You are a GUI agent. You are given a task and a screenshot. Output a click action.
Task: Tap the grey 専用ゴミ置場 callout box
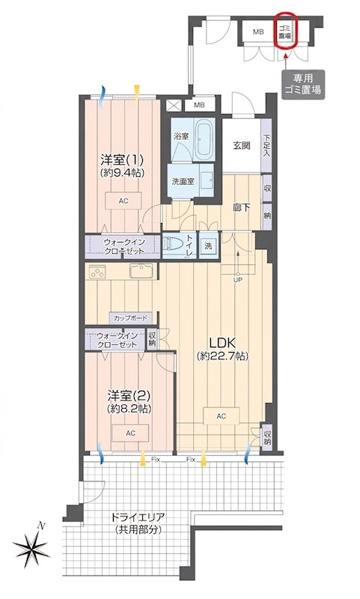click(303, 85)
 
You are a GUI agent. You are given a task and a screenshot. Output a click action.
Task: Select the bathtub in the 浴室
click(204, 139)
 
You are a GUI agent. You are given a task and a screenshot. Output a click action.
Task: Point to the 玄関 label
click(242, 145)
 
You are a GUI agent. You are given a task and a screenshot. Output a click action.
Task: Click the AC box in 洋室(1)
click(123, 201)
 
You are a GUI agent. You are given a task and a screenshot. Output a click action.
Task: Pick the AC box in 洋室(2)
click(130, 433)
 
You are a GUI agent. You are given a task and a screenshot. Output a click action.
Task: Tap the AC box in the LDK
click(222, 416)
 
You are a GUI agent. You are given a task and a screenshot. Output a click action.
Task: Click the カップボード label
click(131, 317)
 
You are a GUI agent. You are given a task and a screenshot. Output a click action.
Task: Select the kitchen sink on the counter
click(141, 271)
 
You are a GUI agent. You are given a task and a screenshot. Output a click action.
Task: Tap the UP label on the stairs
click(238, 279)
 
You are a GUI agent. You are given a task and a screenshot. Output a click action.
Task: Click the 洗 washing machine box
click(208, 246)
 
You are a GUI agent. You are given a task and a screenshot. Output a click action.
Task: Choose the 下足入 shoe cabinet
click(266, 145)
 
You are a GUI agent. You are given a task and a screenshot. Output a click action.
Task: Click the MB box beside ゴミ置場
click(258, 31)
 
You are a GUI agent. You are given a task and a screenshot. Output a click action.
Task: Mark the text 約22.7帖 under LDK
click(223, 356)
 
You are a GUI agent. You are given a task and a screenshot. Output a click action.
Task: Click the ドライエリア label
click(138, 517)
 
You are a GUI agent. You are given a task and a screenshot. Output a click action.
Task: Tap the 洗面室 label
click(183, 181)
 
